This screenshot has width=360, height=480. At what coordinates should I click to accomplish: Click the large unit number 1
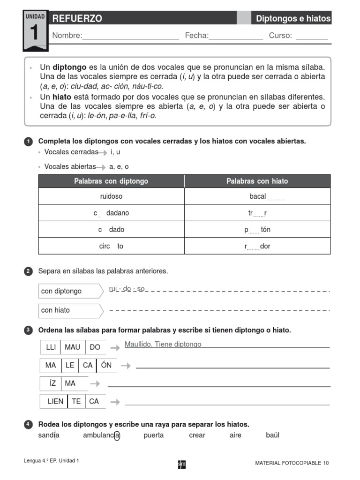click(35, 34)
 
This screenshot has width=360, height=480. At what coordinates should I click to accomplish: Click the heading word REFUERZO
click(77, 19)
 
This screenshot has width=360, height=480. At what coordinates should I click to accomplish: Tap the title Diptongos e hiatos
click(293, 19)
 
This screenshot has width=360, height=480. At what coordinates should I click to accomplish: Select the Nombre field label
click(67, 36)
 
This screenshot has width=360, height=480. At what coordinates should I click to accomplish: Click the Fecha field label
click(196, 36)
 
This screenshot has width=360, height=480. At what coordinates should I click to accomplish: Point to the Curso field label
click(280, 36)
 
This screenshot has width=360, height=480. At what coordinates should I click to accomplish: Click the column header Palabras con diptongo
click(111, 181)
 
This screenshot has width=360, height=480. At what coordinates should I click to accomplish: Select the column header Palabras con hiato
click(257, 181)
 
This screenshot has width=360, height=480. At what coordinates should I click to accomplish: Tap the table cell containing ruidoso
click(111, 196)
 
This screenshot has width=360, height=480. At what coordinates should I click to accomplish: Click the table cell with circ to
click(111, 246)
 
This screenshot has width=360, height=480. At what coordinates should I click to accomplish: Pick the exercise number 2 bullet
click(28, 271)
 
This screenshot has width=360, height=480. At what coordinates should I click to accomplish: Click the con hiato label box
click(70, 310)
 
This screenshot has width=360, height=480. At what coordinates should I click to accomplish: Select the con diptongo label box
click(70, 291)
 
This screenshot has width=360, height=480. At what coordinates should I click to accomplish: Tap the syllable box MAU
click(73, 347)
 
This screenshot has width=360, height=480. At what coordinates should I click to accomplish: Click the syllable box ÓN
click(106, 365)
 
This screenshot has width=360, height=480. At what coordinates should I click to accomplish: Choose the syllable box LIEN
click(55, 401)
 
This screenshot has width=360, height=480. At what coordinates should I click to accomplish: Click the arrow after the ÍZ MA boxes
click(95, 383)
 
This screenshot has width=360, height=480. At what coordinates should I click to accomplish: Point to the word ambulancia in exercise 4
click(101, 435)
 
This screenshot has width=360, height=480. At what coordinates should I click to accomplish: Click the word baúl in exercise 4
click(272, 435)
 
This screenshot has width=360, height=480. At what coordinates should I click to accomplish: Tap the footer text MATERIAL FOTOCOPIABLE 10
click(292, 463)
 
